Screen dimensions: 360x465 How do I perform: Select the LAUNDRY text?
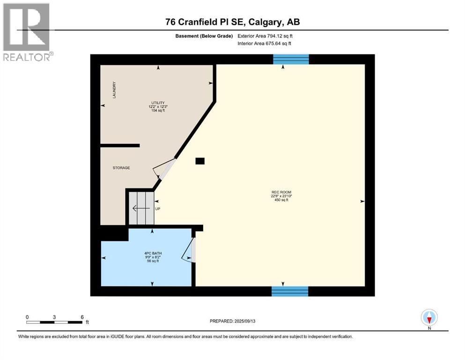coord(114,90)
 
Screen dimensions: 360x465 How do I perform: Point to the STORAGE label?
coord(121,168)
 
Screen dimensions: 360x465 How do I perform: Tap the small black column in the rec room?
coord(200,161)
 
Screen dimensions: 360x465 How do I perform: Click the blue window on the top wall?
coord(291,59)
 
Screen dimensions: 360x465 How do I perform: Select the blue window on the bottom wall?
coord(290,291)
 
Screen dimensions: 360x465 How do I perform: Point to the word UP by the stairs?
coord(158,209)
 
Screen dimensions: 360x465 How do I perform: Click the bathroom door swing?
coord(189,251)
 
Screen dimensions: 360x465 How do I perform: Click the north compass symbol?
coord(429,318)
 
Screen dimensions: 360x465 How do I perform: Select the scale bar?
coord(54,322)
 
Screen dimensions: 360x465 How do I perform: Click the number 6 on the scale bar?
coord(82,317)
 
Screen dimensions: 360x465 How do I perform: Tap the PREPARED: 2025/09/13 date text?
coord(233,321)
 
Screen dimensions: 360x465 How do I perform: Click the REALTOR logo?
coord(27,32)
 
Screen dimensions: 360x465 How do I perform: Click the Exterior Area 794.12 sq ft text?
coord(267,36)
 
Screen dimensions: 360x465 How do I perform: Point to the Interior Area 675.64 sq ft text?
coord(265,44)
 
